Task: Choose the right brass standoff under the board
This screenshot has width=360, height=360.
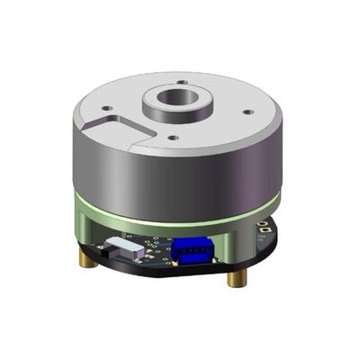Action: [235, 274]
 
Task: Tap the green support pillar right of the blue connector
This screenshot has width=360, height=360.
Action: [235, 242]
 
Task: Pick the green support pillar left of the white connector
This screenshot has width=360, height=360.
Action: [90, 229]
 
